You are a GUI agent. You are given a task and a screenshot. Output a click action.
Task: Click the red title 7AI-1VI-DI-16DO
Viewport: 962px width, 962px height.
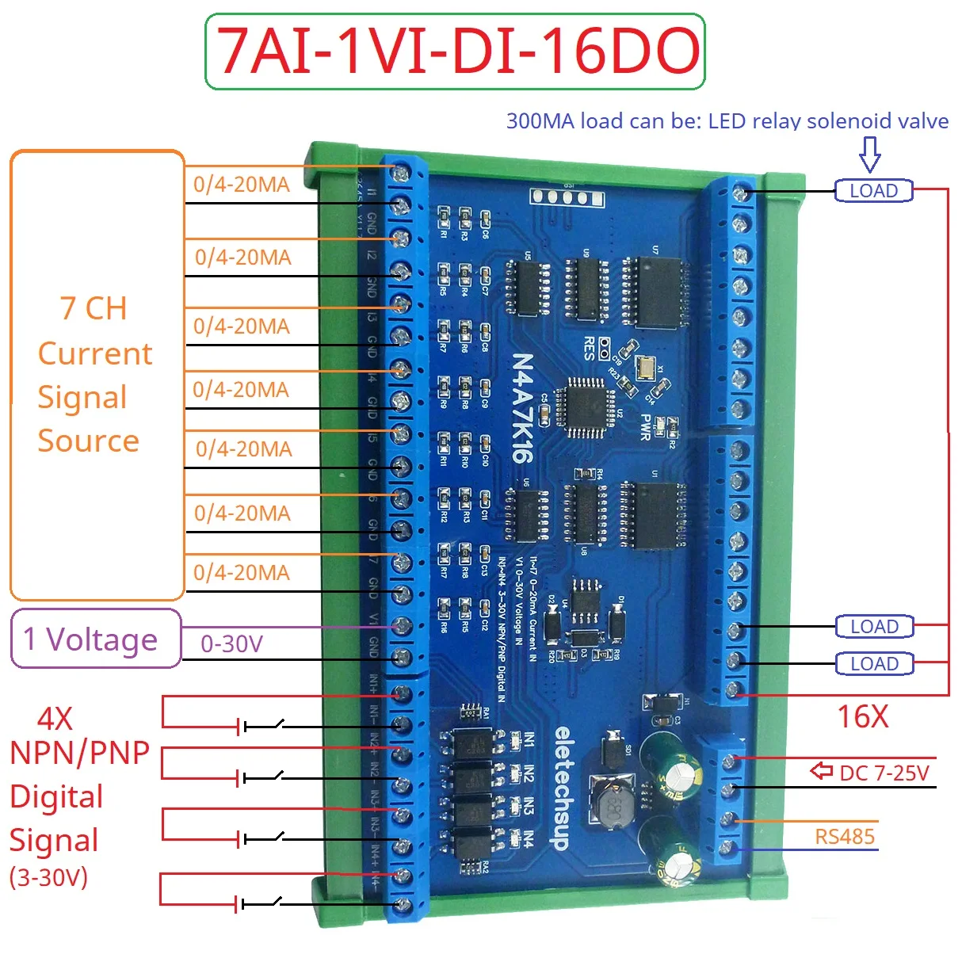click(x=456, y=52)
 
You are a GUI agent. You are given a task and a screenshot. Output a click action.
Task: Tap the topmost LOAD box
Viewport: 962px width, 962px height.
click(x=873, y=191)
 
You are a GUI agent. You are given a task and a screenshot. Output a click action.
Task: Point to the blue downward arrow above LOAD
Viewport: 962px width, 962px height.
click(x=870, y=154)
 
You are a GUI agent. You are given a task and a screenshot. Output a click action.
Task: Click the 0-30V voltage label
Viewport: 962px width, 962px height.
click(x=231, y=643)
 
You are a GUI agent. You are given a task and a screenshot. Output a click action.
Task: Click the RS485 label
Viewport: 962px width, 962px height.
click(x=845, y=836)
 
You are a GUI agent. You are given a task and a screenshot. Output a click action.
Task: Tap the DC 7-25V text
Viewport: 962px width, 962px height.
click(x=884, y=773)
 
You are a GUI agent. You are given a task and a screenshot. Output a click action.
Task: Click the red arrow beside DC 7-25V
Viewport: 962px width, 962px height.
click(x=822, y=770)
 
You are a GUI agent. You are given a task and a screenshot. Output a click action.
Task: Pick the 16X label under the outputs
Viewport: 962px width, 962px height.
click(x=863, y=716)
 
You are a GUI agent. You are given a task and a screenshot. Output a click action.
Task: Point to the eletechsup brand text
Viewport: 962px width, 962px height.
click(x=561, y=788)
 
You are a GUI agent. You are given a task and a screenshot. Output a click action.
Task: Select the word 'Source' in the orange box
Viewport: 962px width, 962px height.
click(x=88, y=441)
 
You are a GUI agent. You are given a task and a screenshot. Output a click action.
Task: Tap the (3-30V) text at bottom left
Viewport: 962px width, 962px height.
click(x=48, y=877)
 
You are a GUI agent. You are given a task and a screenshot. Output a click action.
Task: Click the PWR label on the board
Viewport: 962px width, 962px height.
click(x=646, y=426)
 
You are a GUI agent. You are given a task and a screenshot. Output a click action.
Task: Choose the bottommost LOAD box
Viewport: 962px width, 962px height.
click(x=874, y=664)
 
